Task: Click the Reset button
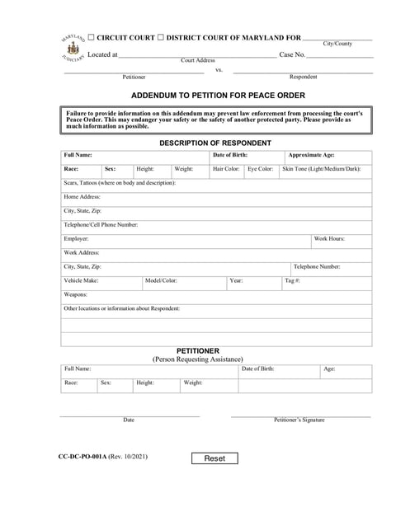point(214,458)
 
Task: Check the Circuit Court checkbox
point(92,38)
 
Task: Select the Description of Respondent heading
point(214,143)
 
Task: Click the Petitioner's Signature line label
point(299,420)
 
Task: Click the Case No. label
point(293,55)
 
